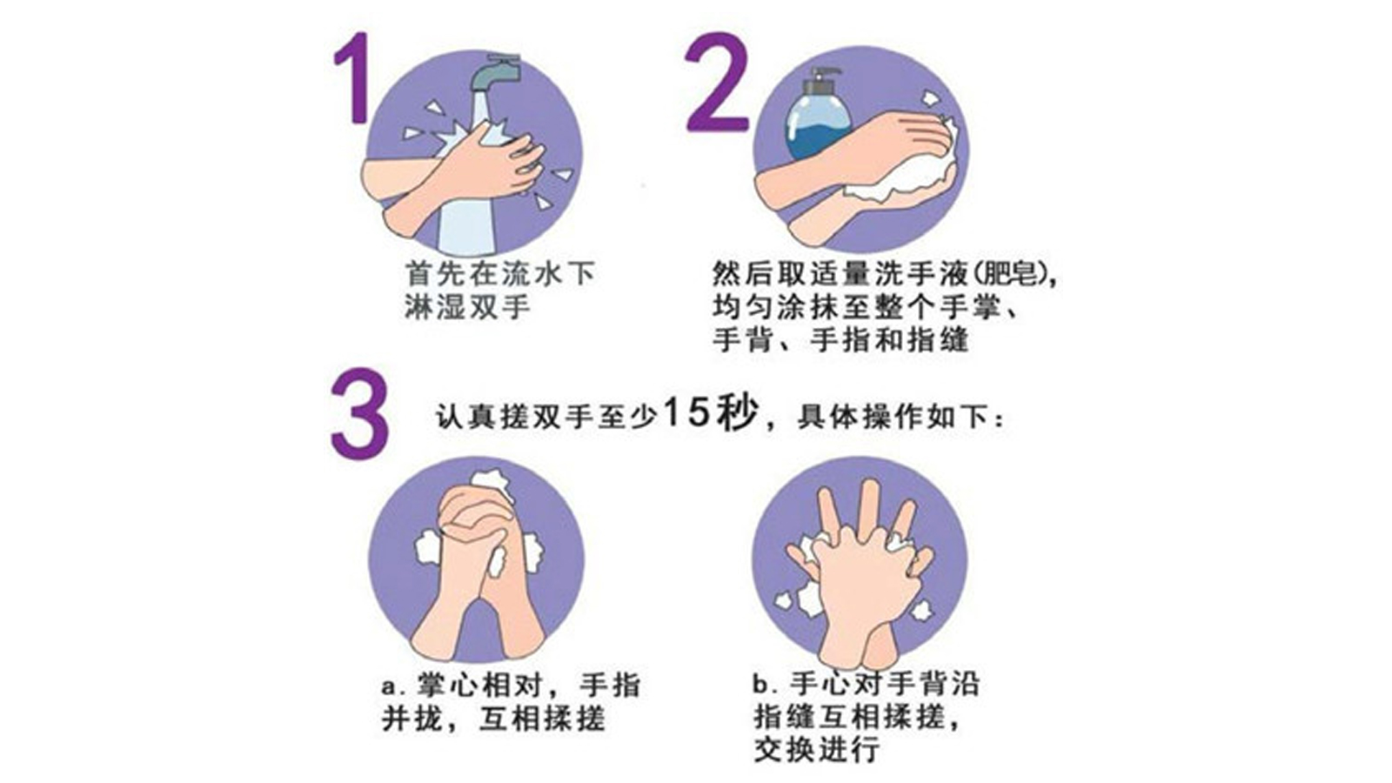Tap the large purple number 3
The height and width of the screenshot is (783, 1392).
(358, 413)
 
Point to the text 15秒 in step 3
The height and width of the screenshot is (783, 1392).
(710, 413)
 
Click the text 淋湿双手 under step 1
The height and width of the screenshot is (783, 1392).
(467, 307)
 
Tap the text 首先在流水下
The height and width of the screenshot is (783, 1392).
(500, 274)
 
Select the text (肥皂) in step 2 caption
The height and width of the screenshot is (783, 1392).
(1014, 274)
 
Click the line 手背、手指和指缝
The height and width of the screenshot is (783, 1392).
(840, 339)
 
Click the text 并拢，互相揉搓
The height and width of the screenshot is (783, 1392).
(493, 719)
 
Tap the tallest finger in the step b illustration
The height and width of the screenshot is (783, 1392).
(868, 505)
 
